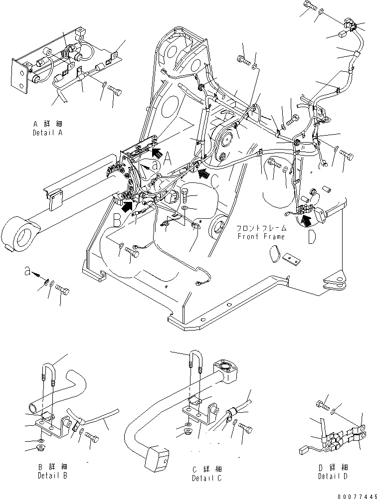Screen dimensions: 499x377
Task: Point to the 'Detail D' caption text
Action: (333, 476)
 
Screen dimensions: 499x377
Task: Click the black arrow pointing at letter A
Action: (157, 153)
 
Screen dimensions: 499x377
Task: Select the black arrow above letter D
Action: (308, 218)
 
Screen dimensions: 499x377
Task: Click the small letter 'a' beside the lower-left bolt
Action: (27, 272)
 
